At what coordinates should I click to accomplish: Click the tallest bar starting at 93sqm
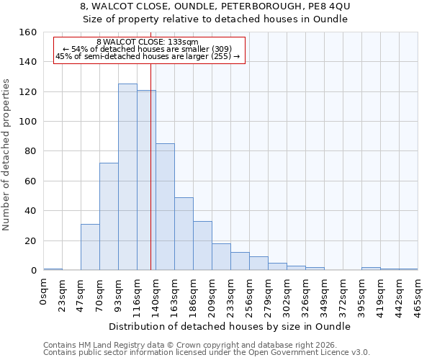pos(127,177)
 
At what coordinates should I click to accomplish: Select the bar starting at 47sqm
pos(90,247)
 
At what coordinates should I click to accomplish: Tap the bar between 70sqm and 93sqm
pos(109,217)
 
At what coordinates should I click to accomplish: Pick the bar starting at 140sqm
pos(165,207)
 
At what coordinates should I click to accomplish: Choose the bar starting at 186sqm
pos(202,246)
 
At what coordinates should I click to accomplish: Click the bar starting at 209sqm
pos(221,257)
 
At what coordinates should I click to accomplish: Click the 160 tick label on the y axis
pos(28,32)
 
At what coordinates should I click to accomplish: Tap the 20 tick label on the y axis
pos(31,241)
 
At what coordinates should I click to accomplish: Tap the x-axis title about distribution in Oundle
pos(230,326)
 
